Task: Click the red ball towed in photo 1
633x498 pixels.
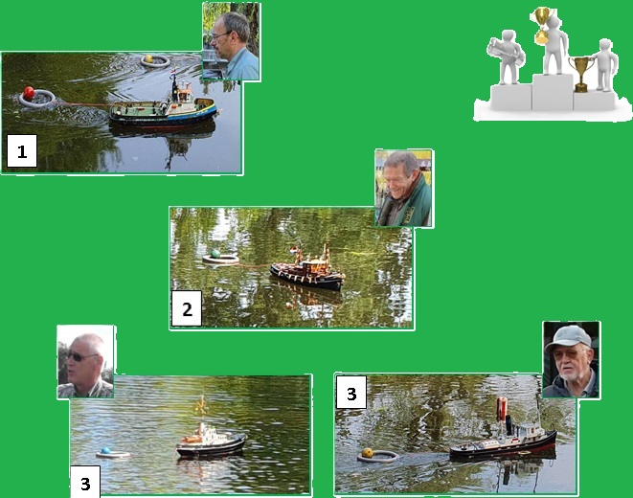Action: (29, 92)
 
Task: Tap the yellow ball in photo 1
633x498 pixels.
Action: (148, 58)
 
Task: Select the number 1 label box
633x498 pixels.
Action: (22, 151)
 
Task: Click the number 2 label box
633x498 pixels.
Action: (187, 308)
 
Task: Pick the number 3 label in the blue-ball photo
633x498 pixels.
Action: (85, 483)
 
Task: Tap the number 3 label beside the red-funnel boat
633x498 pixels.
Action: (351, 393)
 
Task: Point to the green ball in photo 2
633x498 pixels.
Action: (215, 254)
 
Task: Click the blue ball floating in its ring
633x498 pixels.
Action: (105, 450)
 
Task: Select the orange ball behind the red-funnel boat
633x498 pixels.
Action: (368, 453)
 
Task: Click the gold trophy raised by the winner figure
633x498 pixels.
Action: (542, 24)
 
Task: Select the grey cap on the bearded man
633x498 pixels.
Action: (569, 336)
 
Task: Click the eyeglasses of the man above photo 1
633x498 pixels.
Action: (220, 35)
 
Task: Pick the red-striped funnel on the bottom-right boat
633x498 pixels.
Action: (502, 409)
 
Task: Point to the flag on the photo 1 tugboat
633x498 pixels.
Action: (172, 73)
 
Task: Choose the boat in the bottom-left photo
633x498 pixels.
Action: (210, 437)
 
